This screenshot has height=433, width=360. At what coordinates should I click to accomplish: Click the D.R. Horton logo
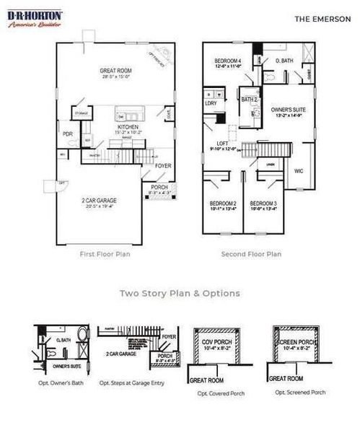34,18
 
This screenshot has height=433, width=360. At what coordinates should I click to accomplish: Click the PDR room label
66,134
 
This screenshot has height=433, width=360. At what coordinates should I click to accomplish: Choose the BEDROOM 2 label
223,204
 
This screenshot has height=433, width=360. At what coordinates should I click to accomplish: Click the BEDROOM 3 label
265,204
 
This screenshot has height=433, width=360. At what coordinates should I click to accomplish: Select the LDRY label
211,103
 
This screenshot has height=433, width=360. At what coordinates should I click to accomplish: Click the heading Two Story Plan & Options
180,294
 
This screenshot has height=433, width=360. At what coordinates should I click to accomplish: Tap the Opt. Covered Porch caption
221,394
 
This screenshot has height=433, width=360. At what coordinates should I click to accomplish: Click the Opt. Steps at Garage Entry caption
132,382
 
